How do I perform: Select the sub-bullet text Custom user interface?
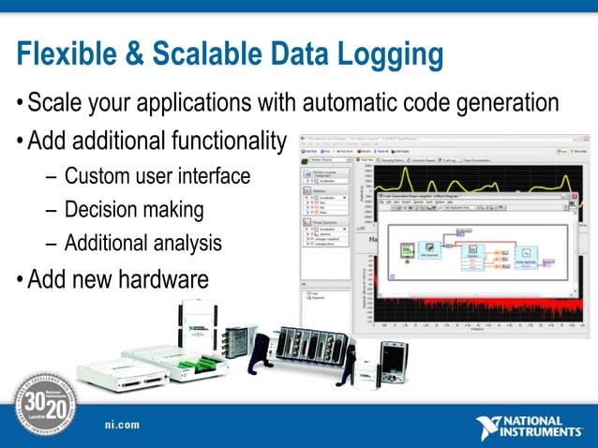[x=157, y=176]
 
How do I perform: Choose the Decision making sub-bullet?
[x=134, y=210]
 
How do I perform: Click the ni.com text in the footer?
[x=122, y=425]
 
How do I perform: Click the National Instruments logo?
[x=530, y=426]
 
